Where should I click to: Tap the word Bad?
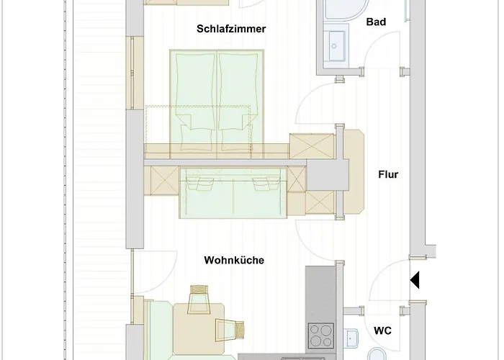[x=376, y=22]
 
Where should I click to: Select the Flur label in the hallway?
[x=388, y=174]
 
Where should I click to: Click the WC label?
[x=382, y=331]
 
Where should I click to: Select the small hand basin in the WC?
[x=351, y=336]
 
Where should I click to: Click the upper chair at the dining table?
[x=199, y=300]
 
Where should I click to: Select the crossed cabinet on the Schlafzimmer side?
[x=311, y=146]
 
